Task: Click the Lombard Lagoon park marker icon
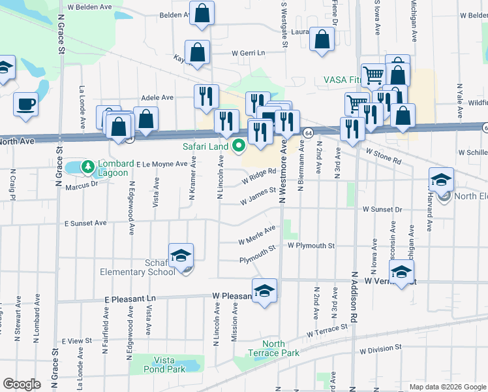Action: (88, 167)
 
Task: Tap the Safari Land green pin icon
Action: (239, 146)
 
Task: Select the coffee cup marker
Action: (25, 104)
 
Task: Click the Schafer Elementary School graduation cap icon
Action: (181, 255)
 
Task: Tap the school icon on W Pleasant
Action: (264, 291)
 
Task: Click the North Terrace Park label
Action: (281, 348)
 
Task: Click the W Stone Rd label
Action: (383, 155)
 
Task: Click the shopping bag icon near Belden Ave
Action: (202, 12)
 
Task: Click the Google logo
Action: (22, 384)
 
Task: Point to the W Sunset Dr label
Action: (383, 210)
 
